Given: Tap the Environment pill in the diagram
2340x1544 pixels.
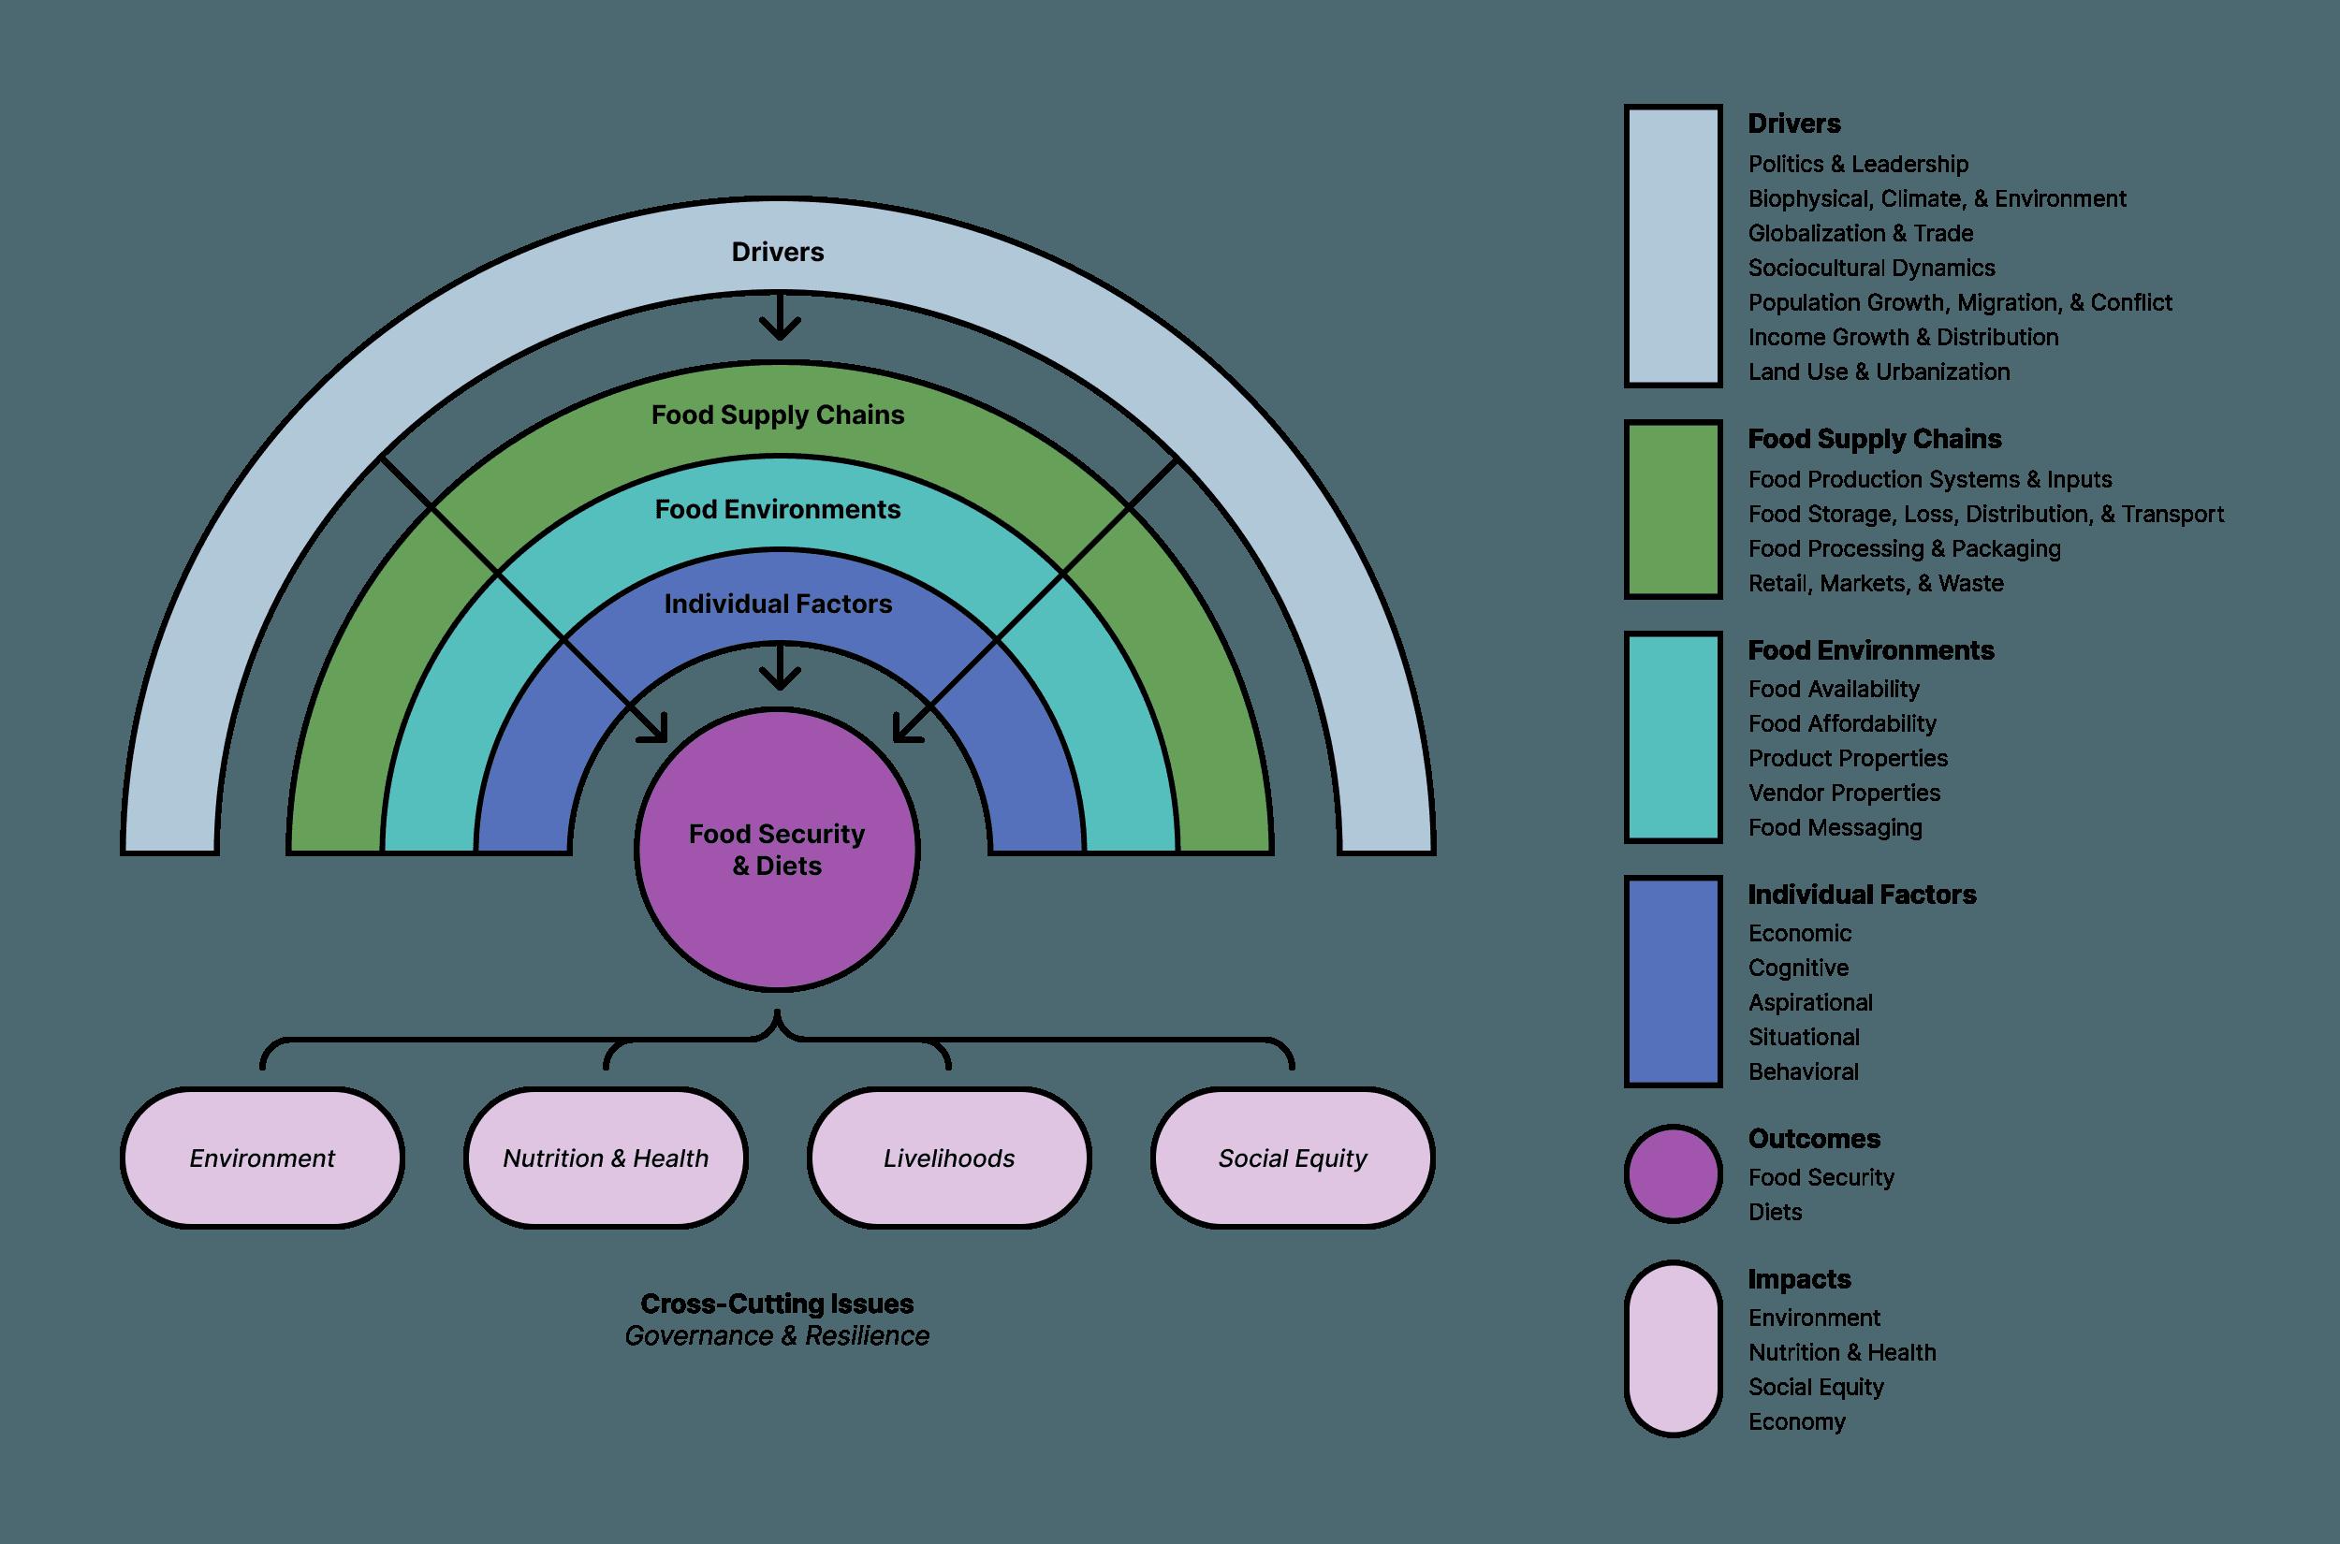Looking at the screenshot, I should (x=262, y=1158).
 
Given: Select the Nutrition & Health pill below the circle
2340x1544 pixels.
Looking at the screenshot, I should (x=606, y=1158).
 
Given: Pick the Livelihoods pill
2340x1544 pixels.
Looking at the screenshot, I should (x=948, y=1158).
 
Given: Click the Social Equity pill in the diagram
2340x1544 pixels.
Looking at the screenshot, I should (x=1292, y=1158).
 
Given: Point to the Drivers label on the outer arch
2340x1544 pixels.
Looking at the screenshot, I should (x=777, y=252).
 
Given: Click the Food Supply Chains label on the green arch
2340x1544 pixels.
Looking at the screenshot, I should (x=777, y=415).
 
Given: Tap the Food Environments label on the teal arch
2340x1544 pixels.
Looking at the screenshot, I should (x=777, y=509).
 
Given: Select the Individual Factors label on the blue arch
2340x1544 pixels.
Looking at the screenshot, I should (x=777, y=604).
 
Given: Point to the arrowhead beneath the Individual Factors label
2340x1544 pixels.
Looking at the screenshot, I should (x=780, y=677).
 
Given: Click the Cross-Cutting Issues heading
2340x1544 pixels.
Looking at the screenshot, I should (x=777, y=1304).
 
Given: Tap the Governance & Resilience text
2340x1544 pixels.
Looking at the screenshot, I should (x=777, y=1336).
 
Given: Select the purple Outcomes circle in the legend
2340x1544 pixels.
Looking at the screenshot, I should (x=1674, y=1174).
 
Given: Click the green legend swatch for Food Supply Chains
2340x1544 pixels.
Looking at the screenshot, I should (x=1674, y=509).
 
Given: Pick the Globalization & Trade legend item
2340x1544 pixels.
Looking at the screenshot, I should (x=1861, y=233).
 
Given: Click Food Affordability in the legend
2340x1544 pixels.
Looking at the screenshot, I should (x=1842, y=723).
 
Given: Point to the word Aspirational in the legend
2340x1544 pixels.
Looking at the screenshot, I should (x=1810, y=1002).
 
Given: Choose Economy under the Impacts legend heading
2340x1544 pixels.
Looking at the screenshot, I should (x=1796, y=1422).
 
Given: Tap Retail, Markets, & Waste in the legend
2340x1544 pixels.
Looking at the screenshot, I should (x=1875, y=583).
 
